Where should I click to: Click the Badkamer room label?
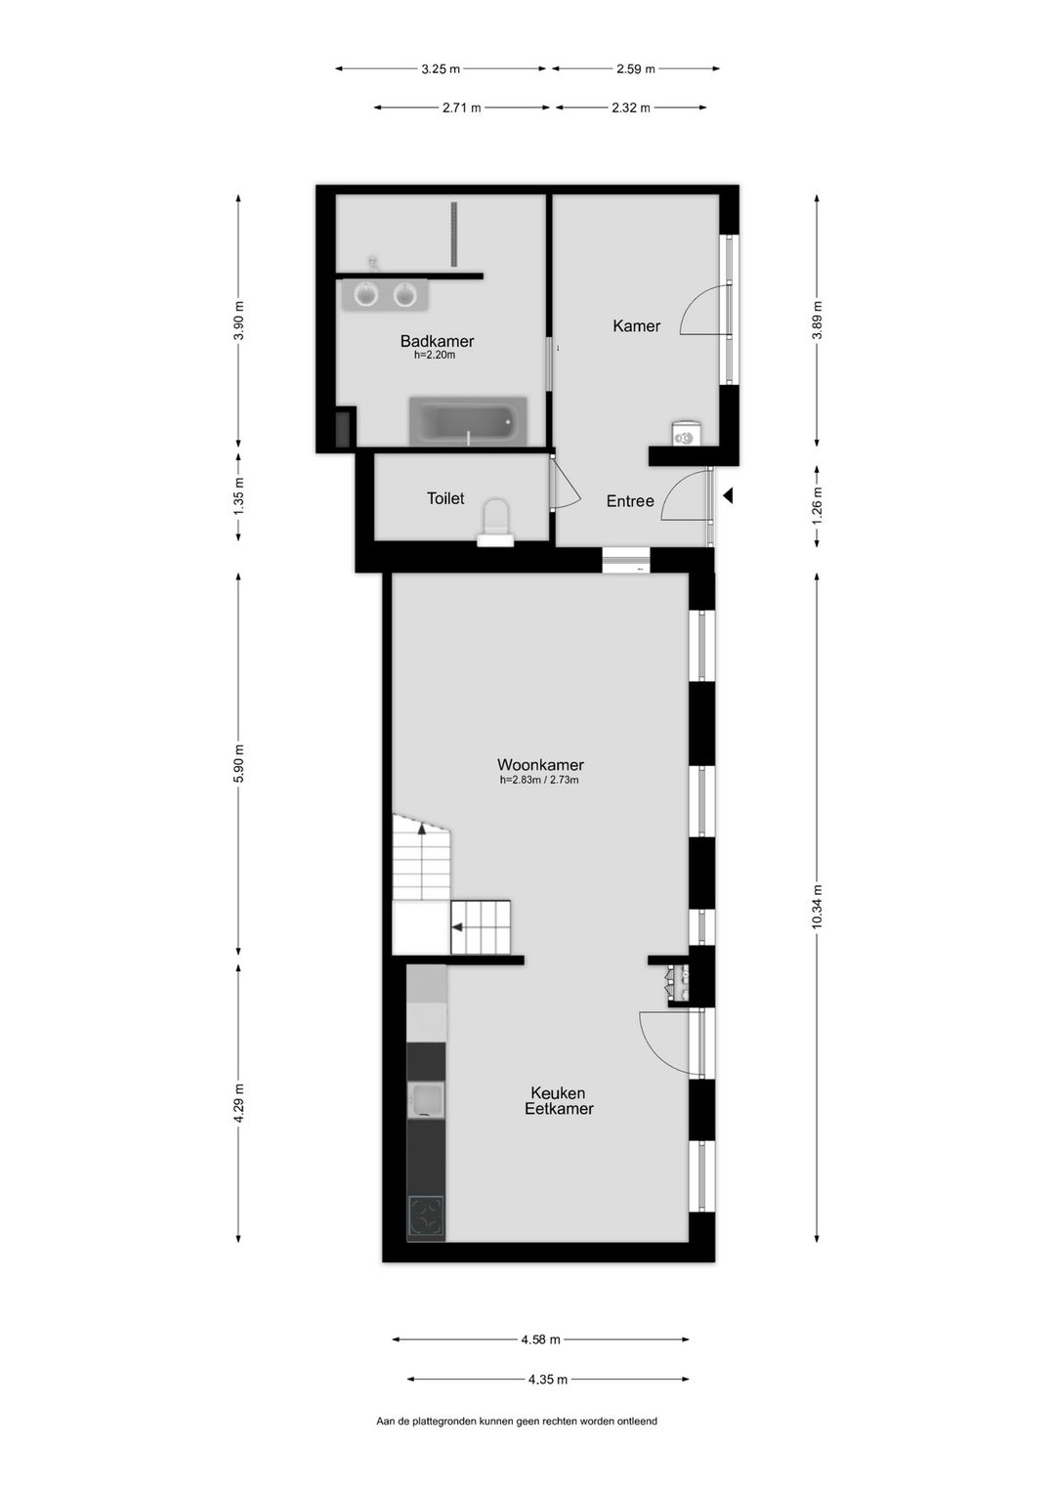[437, 341]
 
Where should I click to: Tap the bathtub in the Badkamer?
[468, 422]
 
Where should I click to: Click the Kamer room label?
[636, 326]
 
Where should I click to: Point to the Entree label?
[630, 501]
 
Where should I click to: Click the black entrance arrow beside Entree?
[727, 496]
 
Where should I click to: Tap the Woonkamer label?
[540, 765]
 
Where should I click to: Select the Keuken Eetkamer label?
[559, 1101]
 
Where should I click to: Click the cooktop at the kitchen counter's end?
[426, 1217]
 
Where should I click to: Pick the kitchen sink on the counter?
[426, 1100]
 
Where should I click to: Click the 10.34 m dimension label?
[818, 906]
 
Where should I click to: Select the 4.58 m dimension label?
[540, 1340]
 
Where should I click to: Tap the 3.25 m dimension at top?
[441, 69]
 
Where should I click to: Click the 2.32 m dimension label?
[631, 108]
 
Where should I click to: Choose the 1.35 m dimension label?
[239, 496]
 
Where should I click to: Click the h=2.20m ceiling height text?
[435, 356]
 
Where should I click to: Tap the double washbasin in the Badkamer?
[385, 295]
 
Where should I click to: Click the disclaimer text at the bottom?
[517, 1422]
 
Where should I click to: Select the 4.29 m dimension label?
[239, 1103]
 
